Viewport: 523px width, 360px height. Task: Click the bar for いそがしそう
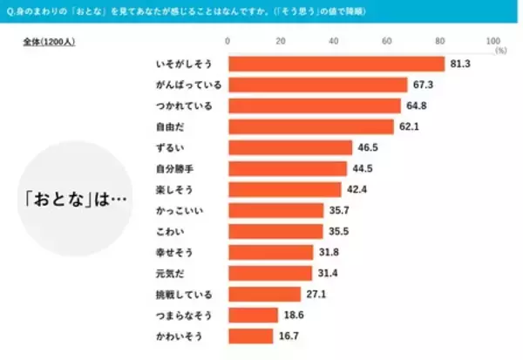tap(336, 64)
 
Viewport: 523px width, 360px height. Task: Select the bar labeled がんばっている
tap(317, 85)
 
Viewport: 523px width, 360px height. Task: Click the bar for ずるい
tap(289, 147)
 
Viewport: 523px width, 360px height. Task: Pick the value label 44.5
tap(362, 168)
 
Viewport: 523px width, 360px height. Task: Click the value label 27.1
tap(316, 294)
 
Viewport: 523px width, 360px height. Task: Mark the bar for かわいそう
tap(250, 336)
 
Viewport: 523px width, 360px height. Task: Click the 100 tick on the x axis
tap(492, 41)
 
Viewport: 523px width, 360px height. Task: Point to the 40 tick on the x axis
tap(334, 41)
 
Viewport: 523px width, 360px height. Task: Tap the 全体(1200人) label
tap(48, 42)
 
